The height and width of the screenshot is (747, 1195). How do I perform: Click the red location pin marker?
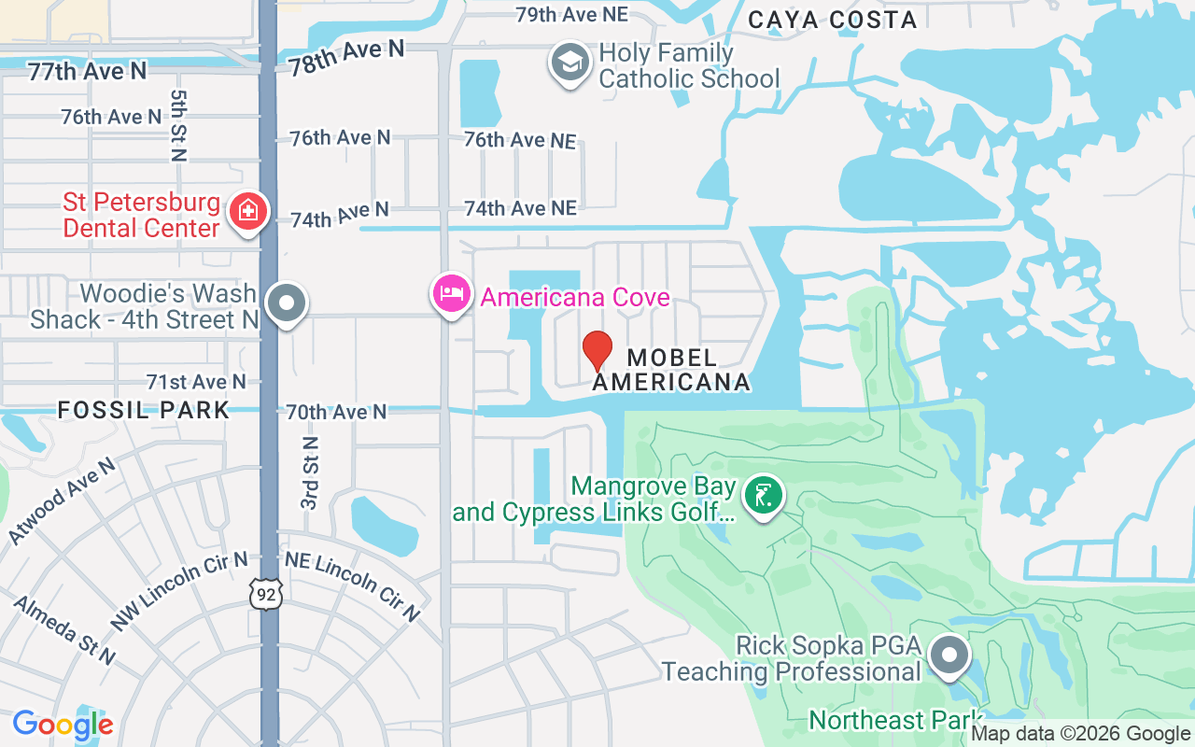(597, 351)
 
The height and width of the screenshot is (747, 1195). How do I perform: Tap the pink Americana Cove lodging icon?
(452, 294)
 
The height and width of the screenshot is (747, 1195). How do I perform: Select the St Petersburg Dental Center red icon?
(248, 212)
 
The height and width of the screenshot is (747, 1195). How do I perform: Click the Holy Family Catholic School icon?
(569, 63)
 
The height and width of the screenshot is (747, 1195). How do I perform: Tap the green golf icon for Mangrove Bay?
(764, 496)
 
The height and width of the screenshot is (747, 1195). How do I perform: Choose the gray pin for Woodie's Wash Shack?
(287, 303)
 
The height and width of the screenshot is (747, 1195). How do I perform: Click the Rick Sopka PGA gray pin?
(950, 655)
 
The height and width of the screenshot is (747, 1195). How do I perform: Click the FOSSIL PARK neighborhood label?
(144, 410)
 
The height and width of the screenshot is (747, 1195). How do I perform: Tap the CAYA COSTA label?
(833, 20)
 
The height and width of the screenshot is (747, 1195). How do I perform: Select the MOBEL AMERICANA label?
(672, 370)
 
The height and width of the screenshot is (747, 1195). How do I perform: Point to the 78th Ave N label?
(346, 58)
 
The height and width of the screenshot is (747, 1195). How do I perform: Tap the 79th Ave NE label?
(572, 14)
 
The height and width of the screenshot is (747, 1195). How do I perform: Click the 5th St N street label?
(178, 126)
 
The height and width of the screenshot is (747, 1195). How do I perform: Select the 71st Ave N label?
(196, 382)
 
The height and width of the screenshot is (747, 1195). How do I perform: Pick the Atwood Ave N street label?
(62, 500)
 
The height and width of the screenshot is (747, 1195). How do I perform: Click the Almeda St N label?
(64, 630)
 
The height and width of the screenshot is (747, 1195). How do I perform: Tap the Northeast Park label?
(893, 720)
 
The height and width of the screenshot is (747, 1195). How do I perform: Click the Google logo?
(63, 725)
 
